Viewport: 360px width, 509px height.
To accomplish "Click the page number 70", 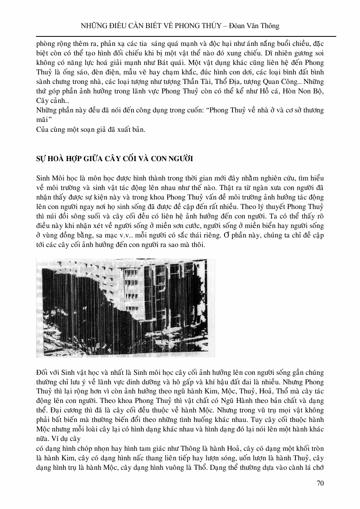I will (320, 483).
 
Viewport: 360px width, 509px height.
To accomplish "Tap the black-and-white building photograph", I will (126, 307).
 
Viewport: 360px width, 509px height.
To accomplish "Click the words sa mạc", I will (105, 236).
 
